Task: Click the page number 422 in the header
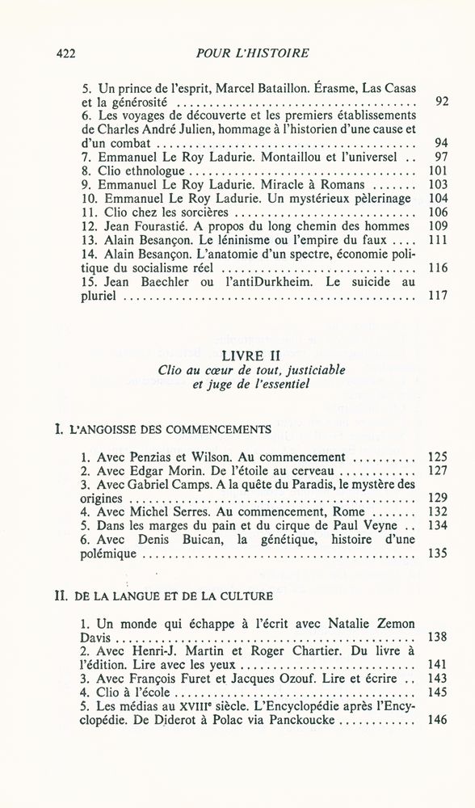[x=63, y=53]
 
